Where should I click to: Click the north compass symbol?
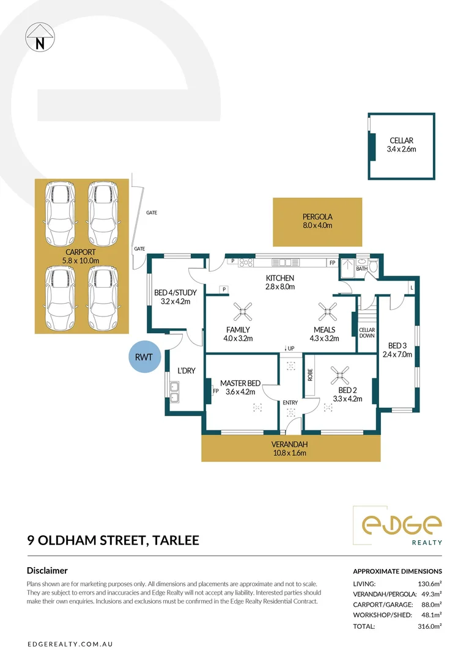(40, 37)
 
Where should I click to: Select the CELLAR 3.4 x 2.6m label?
(401, 145)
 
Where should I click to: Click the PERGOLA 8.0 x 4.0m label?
(317, 221)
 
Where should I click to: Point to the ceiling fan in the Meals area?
(325, 313)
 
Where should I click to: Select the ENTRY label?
(290, 402)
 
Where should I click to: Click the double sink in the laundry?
(175, 392)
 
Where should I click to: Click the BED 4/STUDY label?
(172, 296)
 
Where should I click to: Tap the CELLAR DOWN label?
(366, 333)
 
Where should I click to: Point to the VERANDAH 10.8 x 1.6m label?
(290, 449)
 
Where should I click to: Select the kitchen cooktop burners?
(246, 263)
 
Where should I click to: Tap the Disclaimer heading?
(47, 570)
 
